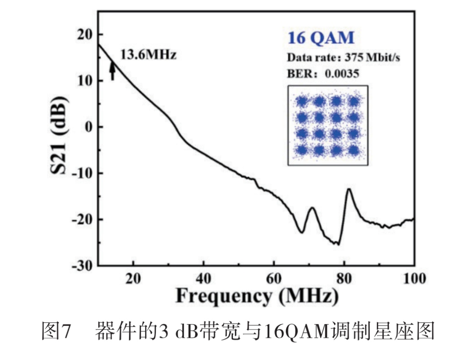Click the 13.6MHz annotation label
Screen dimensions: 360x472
[x=148, y=55]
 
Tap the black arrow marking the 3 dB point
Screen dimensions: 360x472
[x=112, y=70]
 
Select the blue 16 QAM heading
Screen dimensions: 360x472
[x=320, y=38]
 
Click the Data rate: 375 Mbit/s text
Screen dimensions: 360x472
[x=343, y=57]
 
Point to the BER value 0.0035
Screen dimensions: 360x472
[x=341, y=73]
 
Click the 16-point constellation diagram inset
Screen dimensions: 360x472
[x=327, y=125]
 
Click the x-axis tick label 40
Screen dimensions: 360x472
[x=203, y=279]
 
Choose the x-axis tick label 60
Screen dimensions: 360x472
[x=274, y=279]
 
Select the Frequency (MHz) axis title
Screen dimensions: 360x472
[x=257, y=297]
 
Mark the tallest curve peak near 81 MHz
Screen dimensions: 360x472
[x=349, y=189]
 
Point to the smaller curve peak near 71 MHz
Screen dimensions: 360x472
[x=312, y=208]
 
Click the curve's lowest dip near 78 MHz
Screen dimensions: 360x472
[x=338, y=244]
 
